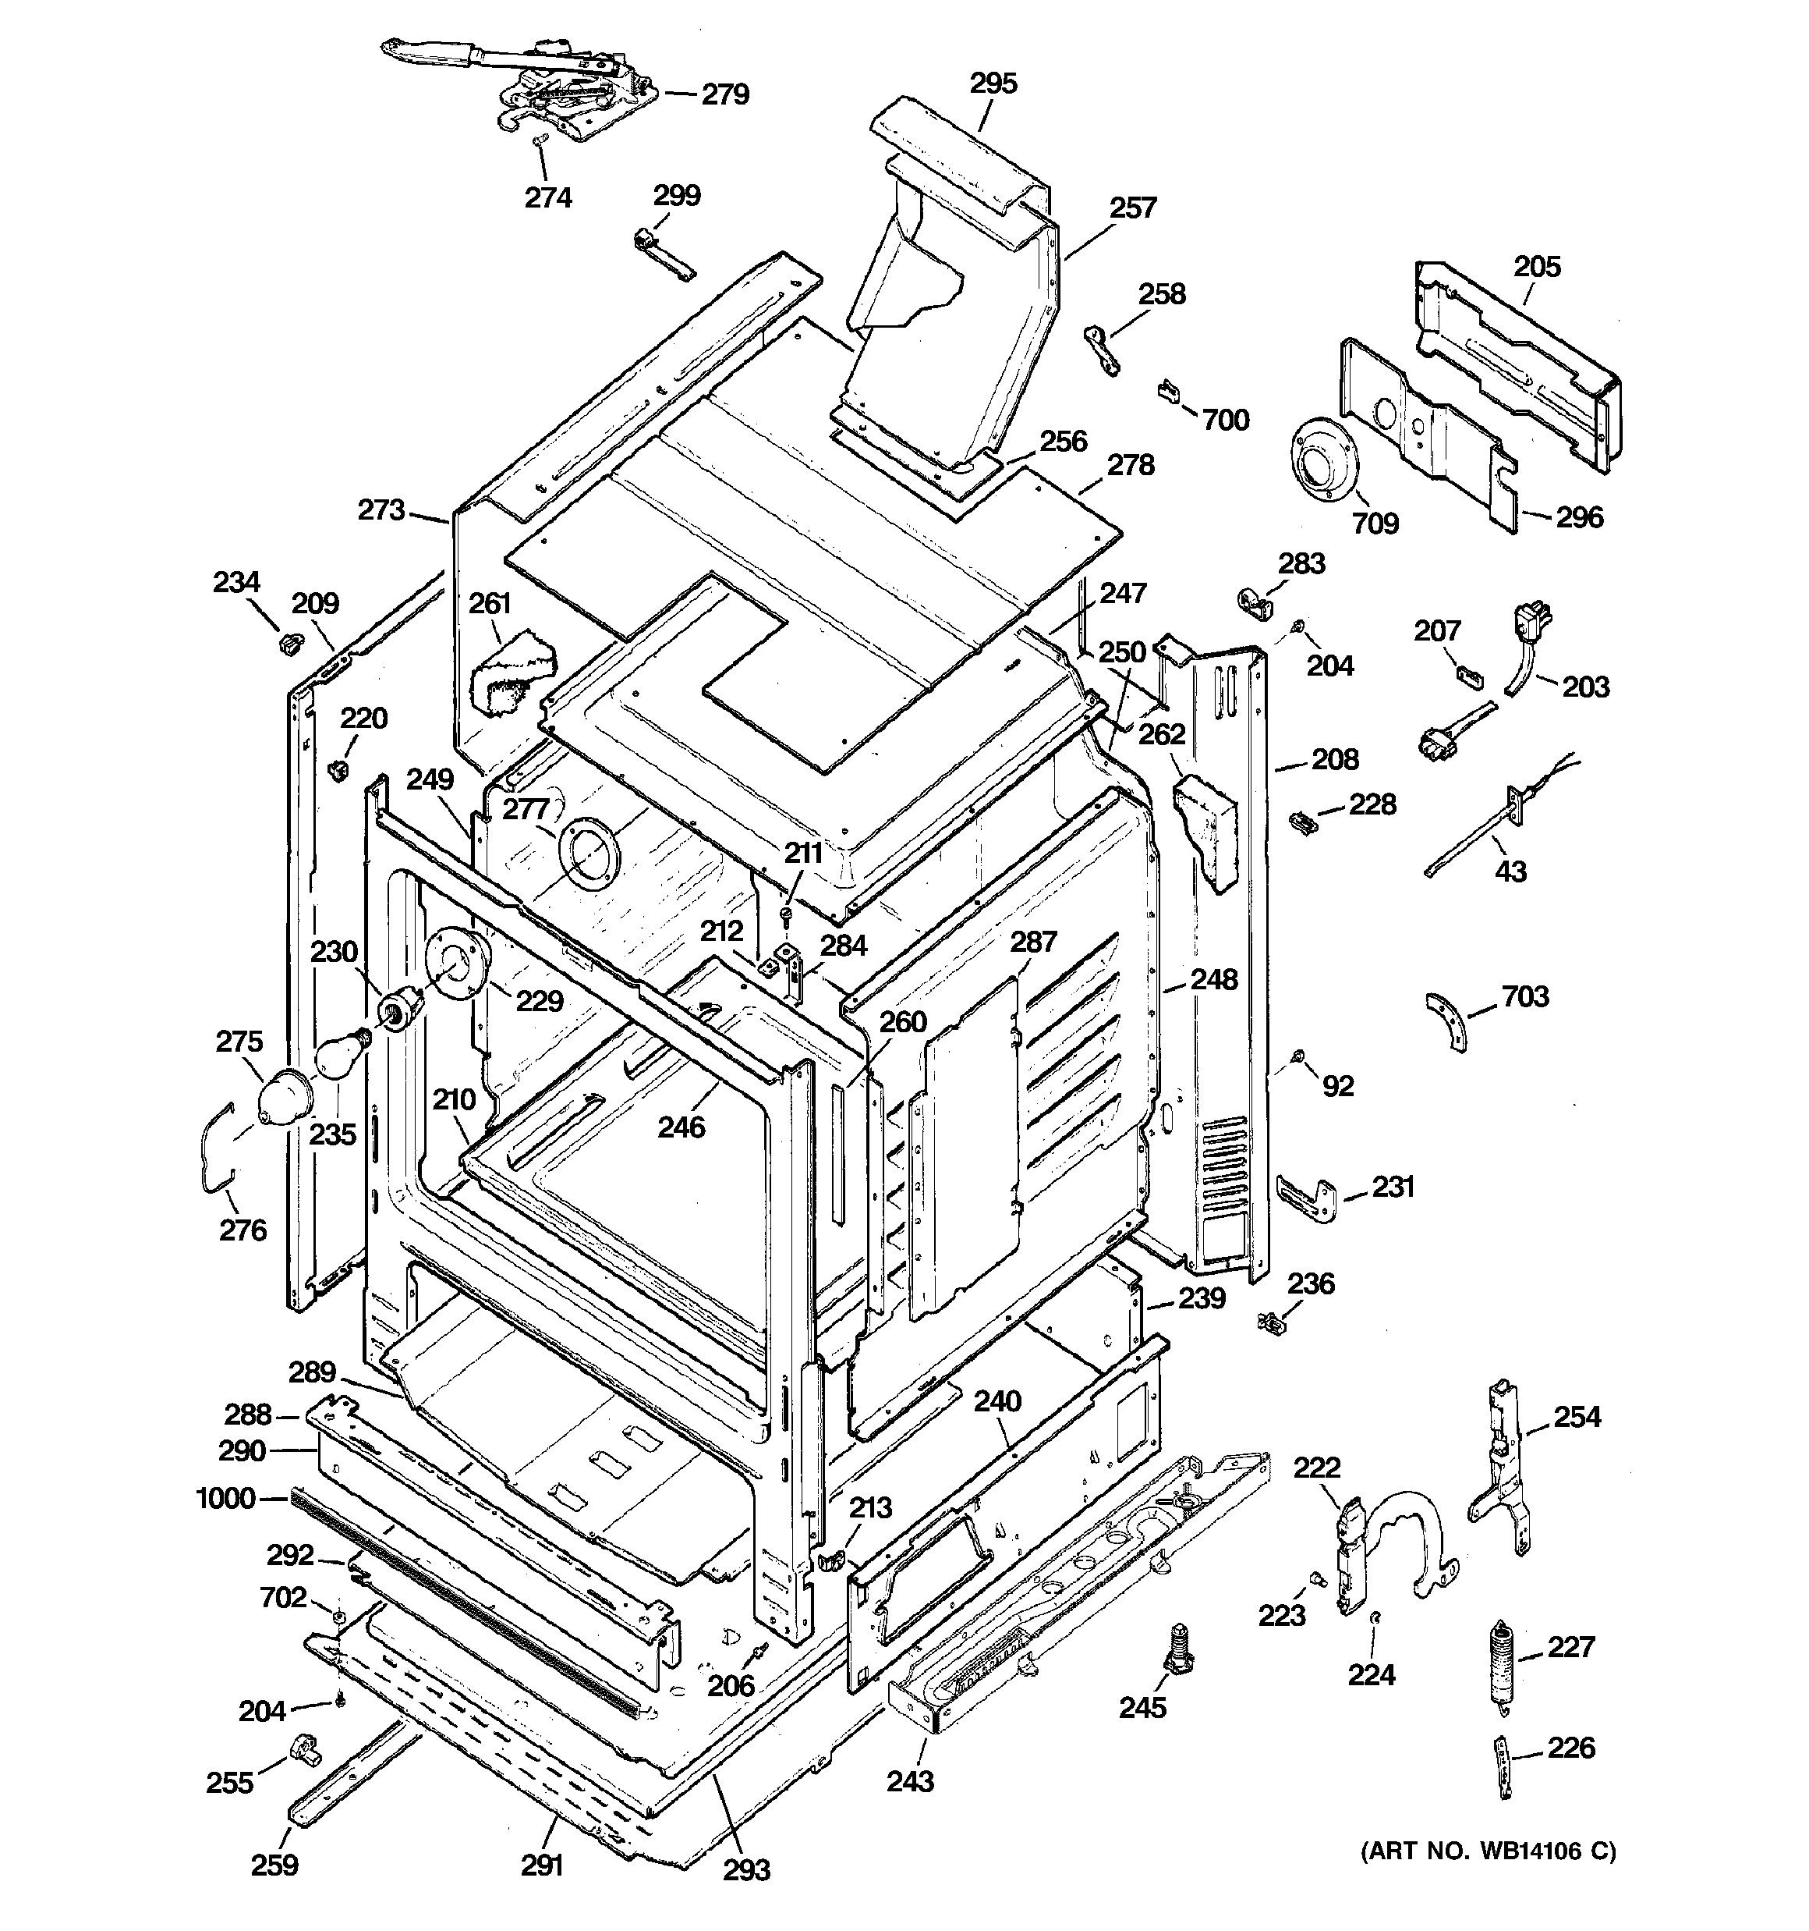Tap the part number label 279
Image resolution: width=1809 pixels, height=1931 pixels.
tap(725, 95)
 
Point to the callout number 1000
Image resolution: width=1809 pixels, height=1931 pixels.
tap(225, 1499)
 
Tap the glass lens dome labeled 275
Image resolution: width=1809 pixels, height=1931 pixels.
tap(284, 1099)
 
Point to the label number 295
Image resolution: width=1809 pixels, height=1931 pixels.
tap(993, 83)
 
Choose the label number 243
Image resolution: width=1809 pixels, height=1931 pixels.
tap(910, 1781)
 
